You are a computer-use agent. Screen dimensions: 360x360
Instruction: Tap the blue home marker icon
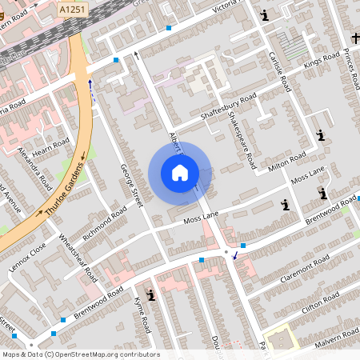coord(180,172)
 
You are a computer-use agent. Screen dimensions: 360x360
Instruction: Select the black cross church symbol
coord(355,38)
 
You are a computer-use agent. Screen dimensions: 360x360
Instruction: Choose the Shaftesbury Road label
coord(228,107)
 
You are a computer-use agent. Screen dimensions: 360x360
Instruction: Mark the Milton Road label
coord(287,161)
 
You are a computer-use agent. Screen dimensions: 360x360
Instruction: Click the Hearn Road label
coord(46,140)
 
